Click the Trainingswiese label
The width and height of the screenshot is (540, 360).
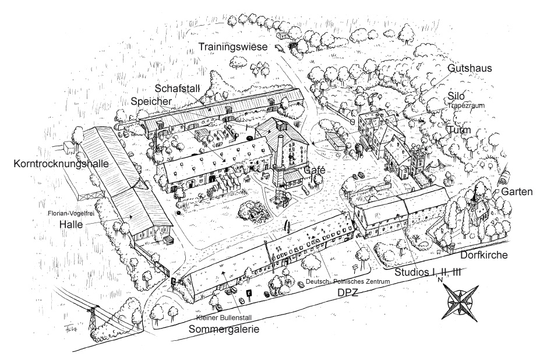pyautogui.click(x=238, y=46)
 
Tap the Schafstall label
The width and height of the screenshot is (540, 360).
pyautogui.click(x=178, y=88)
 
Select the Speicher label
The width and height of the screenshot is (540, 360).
pyautogui.click(x=151, y=101)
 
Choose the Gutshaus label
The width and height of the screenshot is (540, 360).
pyautogui.click(x=470, y=68)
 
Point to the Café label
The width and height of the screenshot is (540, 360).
pyautogui.click(x=315, y=170)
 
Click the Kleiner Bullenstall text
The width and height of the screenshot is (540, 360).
pyautogui.click(x=224, y=319)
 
